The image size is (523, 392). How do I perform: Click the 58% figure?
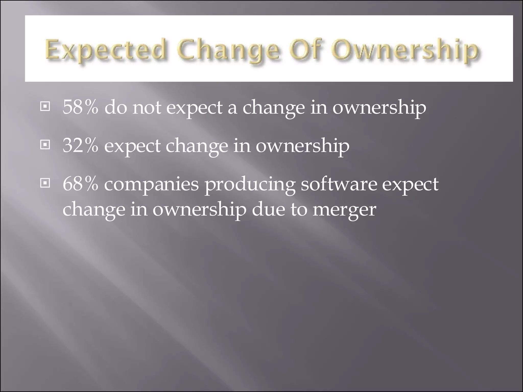coord(80,107)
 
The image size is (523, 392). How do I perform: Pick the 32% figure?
coord(80,146)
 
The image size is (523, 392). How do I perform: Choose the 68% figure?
coord(80,184)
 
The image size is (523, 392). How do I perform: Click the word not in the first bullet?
coord(147,107)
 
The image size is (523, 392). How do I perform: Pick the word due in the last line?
coord(268,209)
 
